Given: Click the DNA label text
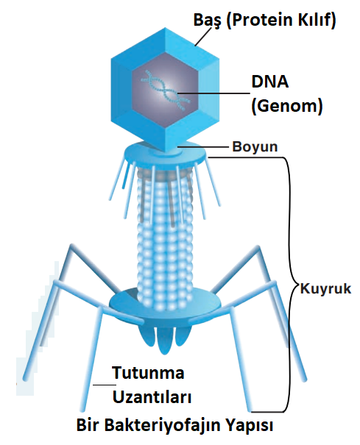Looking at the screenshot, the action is pos(270,82).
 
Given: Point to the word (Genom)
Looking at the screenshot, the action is pos(287,106).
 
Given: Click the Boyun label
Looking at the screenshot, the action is pos(255,147).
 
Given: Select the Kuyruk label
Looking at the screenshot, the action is pos(326,288).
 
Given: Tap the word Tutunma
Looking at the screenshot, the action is pos(148,373).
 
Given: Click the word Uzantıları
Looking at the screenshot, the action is pos(152,396).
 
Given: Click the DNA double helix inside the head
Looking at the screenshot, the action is pos(166,90).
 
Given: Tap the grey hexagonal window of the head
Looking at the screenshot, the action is pos(165,90).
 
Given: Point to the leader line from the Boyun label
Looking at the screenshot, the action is pos(202,146).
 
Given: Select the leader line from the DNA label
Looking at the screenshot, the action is pos(213,93).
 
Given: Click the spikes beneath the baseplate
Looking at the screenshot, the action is pos(163,338).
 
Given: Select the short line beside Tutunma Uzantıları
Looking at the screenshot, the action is pos(105,385).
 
